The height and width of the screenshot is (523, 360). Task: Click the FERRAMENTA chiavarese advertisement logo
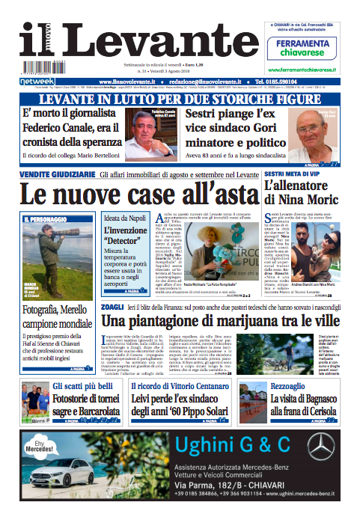pos(308,47)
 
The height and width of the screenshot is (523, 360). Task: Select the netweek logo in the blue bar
pos(37,81)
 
